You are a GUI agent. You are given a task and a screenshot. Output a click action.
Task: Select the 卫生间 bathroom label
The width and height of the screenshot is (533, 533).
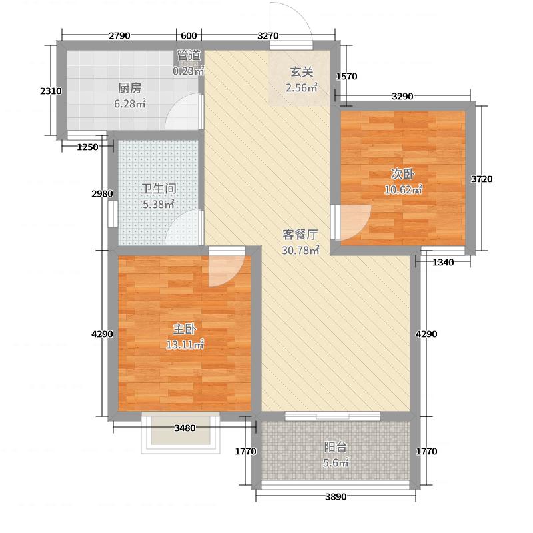(158, 189)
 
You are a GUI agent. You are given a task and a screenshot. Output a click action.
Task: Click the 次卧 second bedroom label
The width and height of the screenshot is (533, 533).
(402, 174)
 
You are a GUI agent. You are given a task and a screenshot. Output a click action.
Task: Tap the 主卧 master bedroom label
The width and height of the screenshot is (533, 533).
(184, 330)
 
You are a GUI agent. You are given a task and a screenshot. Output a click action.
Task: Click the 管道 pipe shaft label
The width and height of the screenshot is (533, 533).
(189, 55)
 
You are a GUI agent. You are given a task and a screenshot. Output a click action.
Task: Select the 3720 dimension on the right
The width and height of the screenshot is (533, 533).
(482, 179)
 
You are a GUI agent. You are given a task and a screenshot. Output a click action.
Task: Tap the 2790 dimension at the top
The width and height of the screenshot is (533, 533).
(120, 35)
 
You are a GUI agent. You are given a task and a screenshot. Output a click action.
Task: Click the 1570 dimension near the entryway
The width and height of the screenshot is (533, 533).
(347, 77)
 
